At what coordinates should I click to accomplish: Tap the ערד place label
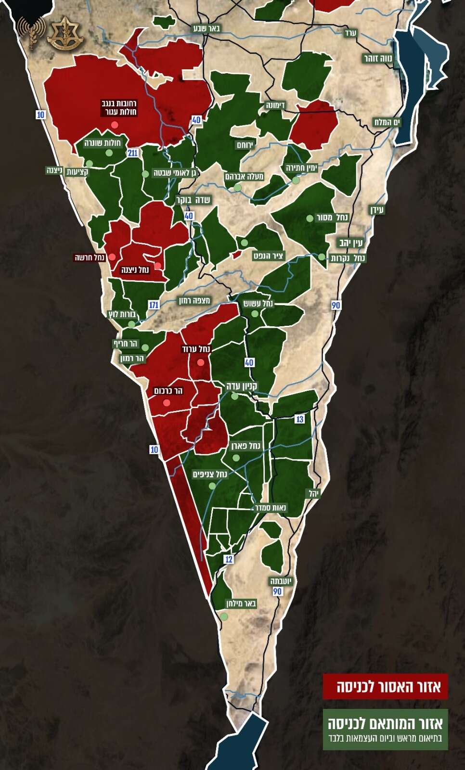coord(350,33)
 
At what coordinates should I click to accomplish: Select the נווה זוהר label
coord(378,59)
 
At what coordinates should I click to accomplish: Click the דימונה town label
coord(275,105)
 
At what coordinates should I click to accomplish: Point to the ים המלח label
coord(387,122)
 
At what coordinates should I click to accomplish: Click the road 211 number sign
coord(133,153)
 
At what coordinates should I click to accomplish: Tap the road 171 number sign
coord(154,305)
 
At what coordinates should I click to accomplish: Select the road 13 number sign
coord(300,419)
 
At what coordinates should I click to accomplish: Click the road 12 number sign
coord(229,559)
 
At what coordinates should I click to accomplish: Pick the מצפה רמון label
coord(194,301)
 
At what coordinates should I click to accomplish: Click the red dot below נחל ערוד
coord(201,362)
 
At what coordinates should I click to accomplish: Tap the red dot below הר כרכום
coord(167,403)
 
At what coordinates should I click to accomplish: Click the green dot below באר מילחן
coord(224,616)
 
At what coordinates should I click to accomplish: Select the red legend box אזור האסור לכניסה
coord(385,686)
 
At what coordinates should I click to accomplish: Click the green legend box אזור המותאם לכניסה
coord(385,729)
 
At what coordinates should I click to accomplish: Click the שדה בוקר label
coord(193,200)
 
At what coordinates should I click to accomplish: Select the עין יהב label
coord(351,243)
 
